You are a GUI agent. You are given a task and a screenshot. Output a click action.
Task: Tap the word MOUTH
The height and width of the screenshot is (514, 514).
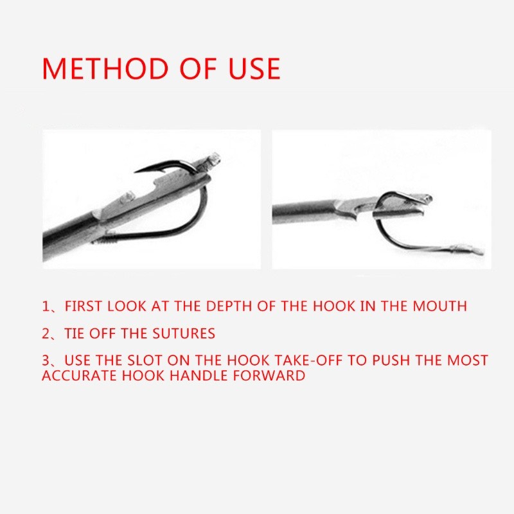click(439, 306)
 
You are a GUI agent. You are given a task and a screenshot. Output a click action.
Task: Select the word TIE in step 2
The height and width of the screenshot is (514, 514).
click(75, 333)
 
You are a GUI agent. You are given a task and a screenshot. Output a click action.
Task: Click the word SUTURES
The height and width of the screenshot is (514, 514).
click(184, 333)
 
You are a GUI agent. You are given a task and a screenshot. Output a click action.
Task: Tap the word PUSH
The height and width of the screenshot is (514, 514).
click(391, 360)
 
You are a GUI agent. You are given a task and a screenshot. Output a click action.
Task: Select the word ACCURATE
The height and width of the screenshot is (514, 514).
click(79, 375)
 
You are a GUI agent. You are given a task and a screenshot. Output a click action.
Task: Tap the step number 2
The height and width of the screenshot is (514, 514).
click(46, 333)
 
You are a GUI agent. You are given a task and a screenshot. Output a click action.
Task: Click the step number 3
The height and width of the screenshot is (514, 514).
click(46, 360)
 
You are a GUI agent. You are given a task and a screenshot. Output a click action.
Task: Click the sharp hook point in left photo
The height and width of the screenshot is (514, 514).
click(136, 172)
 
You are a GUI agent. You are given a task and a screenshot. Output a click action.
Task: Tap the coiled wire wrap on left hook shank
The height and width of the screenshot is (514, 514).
click(105, 238)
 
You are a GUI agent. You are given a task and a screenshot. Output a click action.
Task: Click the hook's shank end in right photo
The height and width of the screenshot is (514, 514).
click(470, 251)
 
